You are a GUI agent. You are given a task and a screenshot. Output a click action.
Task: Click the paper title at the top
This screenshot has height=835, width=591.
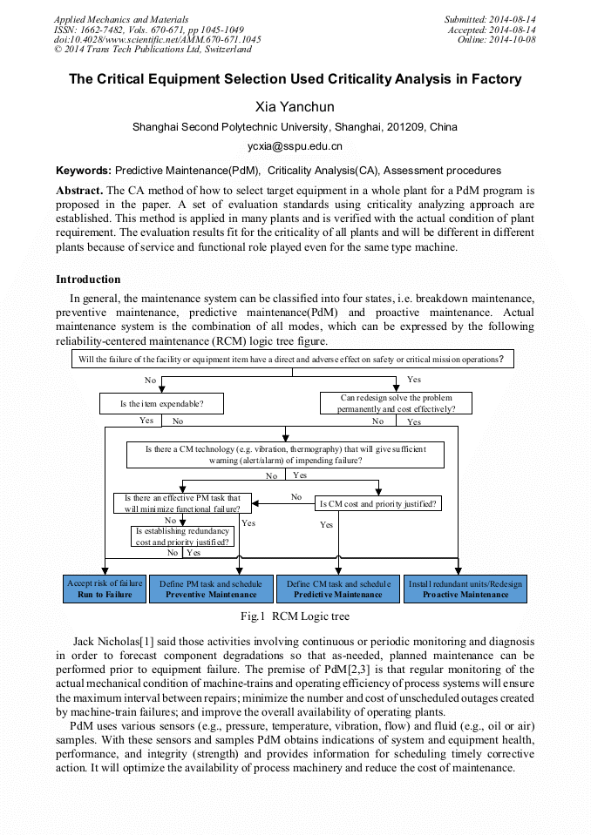[x=295, y=79]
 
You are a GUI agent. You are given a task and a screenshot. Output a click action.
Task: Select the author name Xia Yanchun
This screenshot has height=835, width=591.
[x=295, y=107]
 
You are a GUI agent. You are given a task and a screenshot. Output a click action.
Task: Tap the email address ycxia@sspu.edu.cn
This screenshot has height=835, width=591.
[x=295, y=146]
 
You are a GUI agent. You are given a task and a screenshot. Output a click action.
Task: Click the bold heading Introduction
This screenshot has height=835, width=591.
[x=88, y=279]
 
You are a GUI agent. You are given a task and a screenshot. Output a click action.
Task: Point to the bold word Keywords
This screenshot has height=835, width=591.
[x=83, y=171]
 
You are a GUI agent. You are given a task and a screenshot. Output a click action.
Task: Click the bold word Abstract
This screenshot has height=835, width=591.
[x=79, y=190]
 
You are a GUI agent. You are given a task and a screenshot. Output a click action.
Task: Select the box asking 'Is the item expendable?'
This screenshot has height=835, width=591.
[x=162, y=404]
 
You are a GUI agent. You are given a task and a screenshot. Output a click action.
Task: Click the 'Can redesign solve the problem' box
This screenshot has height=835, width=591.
[x=396, y=403]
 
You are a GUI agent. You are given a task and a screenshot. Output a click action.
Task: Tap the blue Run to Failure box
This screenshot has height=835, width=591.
[x=105, y=589]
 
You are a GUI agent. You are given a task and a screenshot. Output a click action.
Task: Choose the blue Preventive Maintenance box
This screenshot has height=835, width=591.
[x=210, y=589]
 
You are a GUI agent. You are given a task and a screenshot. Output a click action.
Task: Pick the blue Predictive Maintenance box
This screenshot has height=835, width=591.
[x=338, y=589]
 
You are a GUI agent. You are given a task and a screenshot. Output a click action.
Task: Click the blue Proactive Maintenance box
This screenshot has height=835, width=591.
[x=465, y=589]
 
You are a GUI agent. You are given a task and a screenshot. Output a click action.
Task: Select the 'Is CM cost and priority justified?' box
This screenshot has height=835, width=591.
[x=378, y=503]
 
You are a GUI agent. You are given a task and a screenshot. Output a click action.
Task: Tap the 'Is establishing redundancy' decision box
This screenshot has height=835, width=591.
[x=183, y=536]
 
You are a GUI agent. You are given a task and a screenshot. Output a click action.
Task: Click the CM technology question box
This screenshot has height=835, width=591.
[x=285, y=455]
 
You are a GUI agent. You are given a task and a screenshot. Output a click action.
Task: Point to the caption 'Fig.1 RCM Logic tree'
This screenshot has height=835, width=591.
[x=295, y=616]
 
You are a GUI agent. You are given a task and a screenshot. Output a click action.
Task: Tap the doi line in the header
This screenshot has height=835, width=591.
[x=157, y=40]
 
